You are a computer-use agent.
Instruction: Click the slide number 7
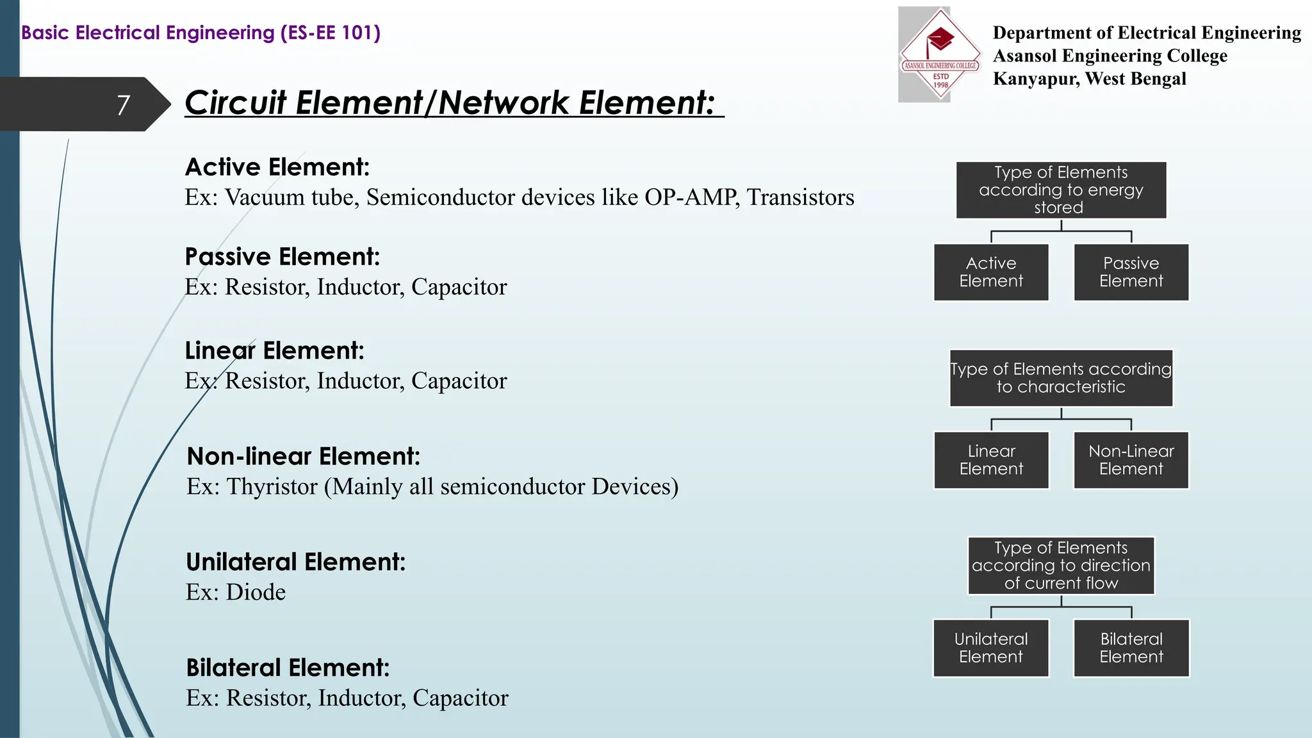click(124, 105)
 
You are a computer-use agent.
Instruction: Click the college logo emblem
click(940, 54)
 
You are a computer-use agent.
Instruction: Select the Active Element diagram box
click(991, 272)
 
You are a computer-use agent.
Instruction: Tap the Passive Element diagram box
click(1131, 272)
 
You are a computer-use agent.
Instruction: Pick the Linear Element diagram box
click(991, 460)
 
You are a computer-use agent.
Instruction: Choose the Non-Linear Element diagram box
click(1131, 460)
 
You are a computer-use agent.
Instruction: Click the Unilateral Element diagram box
click(991, 648)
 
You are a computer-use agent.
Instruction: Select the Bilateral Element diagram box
click(1131, 648)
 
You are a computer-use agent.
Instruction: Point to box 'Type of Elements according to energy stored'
click(1061, 190)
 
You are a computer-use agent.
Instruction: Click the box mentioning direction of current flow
click(1061, 566)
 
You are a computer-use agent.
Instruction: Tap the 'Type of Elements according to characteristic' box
click(1061, 378)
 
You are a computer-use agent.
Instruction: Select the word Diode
click(256, 593)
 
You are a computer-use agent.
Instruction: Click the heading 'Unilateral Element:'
click(295, 562)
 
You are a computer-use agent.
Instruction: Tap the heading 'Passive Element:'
click(282, 257)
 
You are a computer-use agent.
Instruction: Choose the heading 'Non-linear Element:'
click(303, 457)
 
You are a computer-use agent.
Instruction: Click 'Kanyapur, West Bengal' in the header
click(1089, 79)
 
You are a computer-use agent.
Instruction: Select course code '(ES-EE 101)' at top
click(330, 33)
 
